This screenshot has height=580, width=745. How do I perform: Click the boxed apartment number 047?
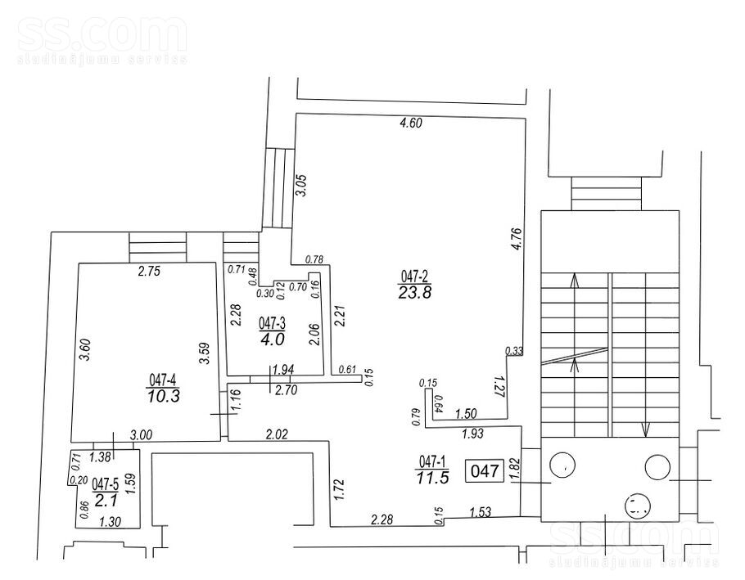click(x=485, y=471)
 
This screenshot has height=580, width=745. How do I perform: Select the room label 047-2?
click(x=415, y=276)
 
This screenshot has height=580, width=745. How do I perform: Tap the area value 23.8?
click(x=415, y=292)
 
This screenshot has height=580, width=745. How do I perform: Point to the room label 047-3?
click(x=272, y=324)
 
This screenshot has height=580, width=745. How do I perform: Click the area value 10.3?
click(x=164, y=396)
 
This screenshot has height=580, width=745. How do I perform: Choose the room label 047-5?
click(x=105, y=484)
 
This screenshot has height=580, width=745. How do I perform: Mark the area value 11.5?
click(x=432, y=477)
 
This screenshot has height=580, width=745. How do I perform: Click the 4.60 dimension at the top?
click(x=410, y=124)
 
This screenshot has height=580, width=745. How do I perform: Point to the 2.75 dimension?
click(x=149, y=272)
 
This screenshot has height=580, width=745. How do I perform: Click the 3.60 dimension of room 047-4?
click(x=86, y=350)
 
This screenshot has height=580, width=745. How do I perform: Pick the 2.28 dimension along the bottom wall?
click(x=382, y=519)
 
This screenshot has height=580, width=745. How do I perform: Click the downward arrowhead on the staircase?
click(x=645, y=429)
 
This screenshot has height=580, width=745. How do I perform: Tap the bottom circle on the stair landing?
click(x=638, y=505)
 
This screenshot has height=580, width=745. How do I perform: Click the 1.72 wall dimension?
click(x=338, y=490)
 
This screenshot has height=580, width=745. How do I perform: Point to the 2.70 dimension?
click(x=286, y=390)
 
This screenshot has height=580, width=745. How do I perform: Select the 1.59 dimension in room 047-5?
click(x=133, y=484)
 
